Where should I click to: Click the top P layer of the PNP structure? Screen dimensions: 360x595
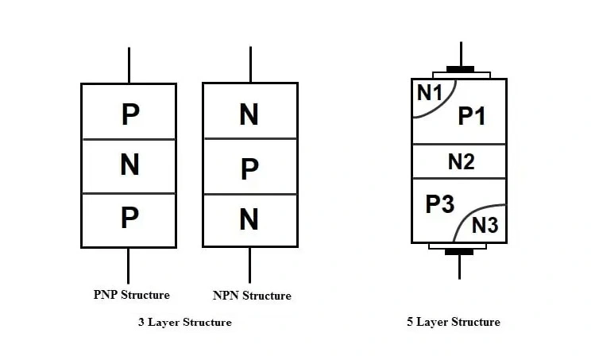pos(129,114)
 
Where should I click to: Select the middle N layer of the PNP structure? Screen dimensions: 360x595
pos(129,165)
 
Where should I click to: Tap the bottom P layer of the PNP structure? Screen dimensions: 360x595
pos(129,218)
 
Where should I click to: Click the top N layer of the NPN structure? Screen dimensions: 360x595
pos(249,114)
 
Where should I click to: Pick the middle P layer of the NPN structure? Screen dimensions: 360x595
pos(249,168)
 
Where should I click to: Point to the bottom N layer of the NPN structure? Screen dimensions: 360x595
pos(249,219)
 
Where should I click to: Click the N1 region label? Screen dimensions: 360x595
pos(429,93)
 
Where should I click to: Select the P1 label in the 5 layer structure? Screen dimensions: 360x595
pos(472,116)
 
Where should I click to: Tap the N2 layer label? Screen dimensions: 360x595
pos(461,162)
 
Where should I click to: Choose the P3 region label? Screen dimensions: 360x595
pos(439,204)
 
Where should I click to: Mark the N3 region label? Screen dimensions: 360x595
pos(485,225)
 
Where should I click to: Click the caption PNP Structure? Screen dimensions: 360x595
pos(131,295)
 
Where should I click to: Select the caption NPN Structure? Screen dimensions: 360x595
pos(252,296)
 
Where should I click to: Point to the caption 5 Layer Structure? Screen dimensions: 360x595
pos(454,322)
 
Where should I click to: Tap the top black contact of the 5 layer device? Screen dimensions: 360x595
pos(460,69)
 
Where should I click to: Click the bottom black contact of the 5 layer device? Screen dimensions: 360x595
pos(459,252)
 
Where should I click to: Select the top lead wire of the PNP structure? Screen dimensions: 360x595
pos(129,65)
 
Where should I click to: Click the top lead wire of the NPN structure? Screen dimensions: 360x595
pos(250,64)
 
